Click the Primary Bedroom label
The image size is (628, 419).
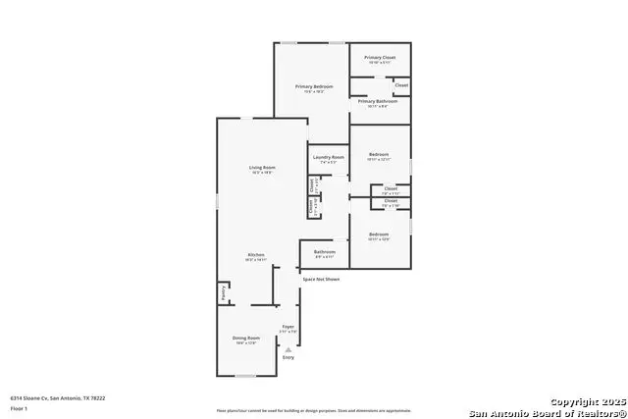point(315,86)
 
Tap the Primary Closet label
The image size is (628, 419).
point(379,58)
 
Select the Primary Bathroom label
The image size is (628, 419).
point(377,101)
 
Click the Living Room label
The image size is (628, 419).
point(262,168)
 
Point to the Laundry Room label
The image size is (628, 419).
point(329,157)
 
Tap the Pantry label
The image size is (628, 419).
point(224,292)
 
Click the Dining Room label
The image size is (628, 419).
point(245,338)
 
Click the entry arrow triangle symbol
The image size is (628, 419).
point(288,347)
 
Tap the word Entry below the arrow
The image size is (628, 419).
point(288,357)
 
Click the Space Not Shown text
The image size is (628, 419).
point(321,280)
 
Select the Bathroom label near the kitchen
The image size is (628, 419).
point(325,252)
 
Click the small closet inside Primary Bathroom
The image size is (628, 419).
point(401,86)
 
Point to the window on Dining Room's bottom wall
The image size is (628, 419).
point(245,376)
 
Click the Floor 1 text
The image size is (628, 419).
point(20,407)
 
